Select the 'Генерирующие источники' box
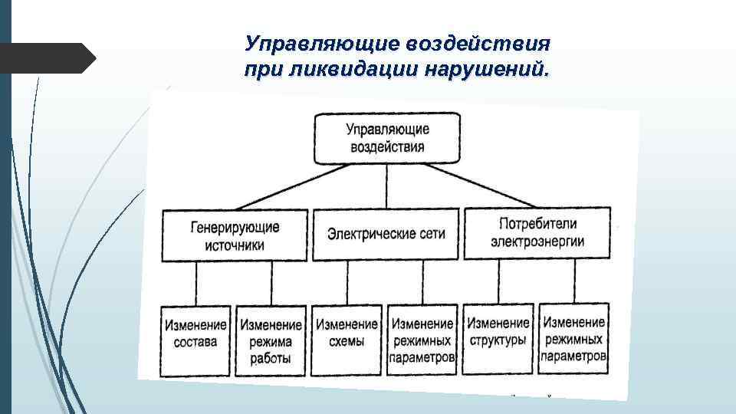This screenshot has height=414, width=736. click(235, 236)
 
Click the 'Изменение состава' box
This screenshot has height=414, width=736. click(195, 339)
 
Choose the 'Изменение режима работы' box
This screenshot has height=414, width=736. click(270, 340)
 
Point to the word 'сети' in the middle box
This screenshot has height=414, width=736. click(429, 233)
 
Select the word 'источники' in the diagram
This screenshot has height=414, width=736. click(234, 246)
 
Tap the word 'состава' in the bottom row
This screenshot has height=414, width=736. click(195, 342)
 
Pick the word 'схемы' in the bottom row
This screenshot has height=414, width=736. click(347, 342)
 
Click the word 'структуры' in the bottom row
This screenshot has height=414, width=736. click(498, 340)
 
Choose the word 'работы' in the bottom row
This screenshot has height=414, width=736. click(270, 359)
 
